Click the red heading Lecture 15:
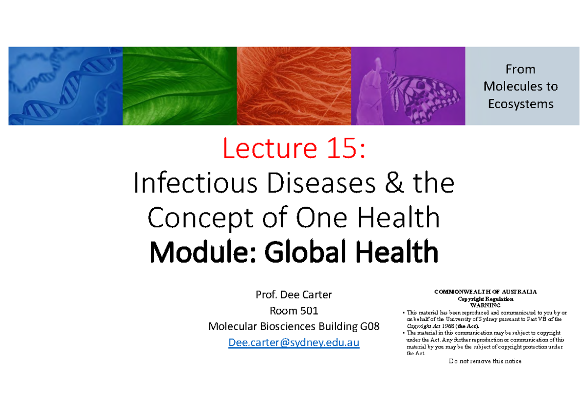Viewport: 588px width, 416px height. (x=294, y=148)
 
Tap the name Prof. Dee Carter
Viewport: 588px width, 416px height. (x=294, y=295)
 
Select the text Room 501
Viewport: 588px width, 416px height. (x=294, y=311)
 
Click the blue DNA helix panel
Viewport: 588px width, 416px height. (x=65, y=86)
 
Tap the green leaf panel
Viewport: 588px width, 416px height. (x=179, y=86)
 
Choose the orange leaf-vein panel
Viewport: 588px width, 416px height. (x=294, y=86)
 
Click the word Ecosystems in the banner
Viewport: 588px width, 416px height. (x=521, y=104)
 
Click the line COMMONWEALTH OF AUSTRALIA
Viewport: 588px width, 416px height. (x=486, y=292)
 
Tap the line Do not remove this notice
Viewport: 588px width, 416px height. (x=485, y=362)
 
